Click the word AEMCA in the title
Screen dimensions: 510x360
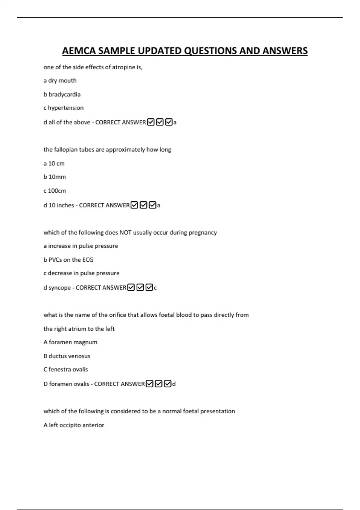(x=79, y=51)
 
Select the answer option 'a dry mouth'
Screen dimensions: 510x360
(x=60, y=81)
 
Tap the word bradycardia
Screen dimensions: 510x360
(x=64, y=94)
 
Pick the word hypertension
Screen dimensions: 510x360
(x=66, y=108)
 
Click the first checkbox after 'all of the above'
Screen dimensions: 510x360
(x=151, y=122)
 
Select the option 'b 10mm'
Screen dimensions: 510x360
(x=55, y=177)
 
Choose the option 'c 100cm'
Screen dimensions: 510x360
(x=55, y=191)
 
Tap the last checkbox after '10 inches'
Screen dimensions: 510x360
(x=152, y=205)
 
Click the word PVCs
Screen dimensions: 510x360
(x=55, y=260)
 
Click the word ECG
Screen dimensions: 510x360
(x=88, y=260)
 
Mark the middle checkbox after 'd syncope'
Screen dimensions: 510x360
(x=140, y=287)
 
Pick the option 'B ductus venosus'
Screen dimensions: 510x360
(x=67, y=356)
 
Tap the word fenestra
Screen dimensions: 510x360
(x=59, y=370)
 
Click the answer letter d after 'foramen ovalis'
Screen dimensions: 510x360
(x=174, y=384)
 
